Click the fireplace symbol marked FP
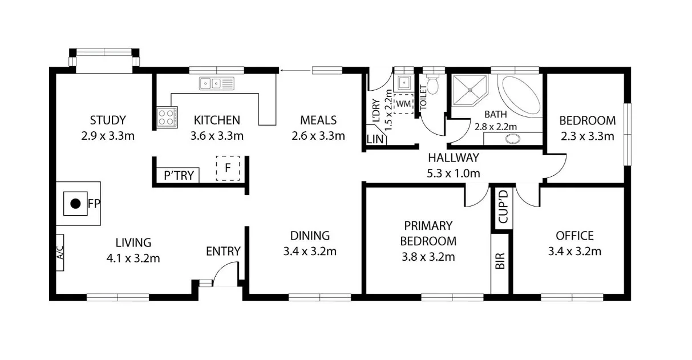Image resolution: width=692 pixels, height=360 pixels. click(75, 203)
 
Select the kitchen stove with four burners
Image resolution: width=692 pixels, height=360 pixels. click(167, 117)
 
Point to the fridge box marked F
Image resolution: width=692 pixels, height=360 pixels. click(228, 168)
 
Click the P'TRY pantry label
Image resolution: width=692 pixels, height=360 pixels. click(179, 176)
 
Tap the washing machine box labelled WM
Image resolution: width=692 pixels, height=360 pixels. click(403, 104)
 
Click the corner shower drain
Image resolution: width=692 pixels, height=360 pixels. click(470, 90)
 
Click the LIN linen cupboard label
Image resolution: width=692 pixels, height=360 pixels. click(375, 139)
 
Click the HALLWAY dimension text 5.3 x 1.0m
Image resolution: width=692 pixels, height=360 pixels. click(454, 173)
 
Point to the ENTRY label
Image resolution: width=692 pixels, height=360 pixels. click(223, 251)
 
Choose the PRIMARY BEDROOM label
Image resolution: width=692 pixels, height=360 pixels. click(428, 233)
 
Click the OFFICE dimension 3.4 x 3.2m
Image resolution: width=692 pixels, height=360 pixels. click(574, 251)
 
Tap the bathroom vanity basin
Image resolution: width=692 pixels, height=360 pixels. click(513, 138)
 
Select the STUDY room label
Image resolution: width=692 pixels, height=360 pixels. click(108, 120)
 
